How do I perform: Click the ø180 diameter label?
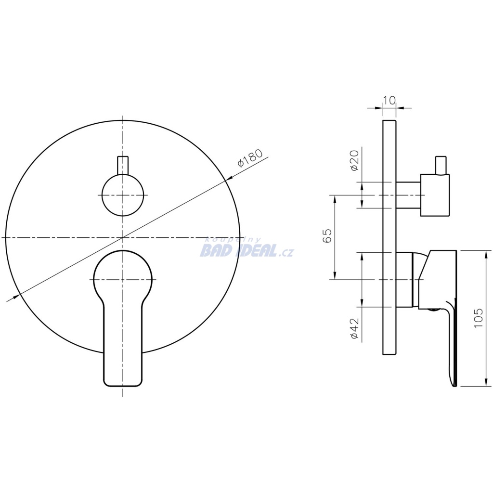tap(250, 158)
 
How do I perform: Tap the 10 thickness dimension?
tap(389, 100)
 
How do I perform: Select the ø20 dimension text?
tap(354, 160)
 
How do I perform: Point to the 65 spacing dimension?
tap(327, 235)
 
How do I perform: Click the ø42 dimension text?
tap(354, 328)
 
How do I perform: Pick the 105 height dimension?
tap(478, 318)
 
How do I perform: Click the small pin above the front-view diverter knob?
tap(123, 165)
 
